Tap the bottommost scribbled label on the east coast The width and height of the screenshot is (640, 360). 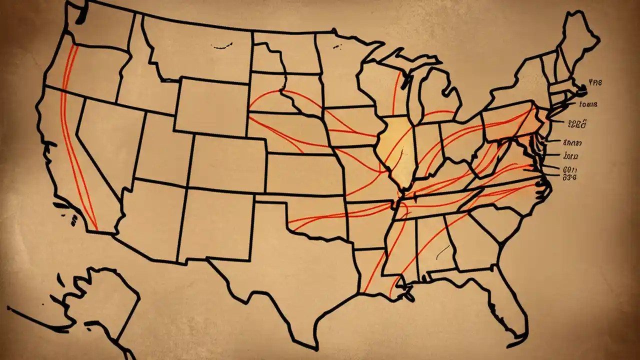[x=569, y=177]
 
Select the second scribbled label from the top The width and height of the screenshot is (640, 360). [x=588, y=104]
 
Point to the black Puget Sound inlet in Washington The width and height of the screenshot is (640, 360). [x=80, y=15]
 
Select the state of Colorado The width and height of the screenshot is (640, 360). [x=228, y=162]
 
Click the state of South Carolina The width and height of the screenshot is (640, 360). [x=495, y=220]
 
